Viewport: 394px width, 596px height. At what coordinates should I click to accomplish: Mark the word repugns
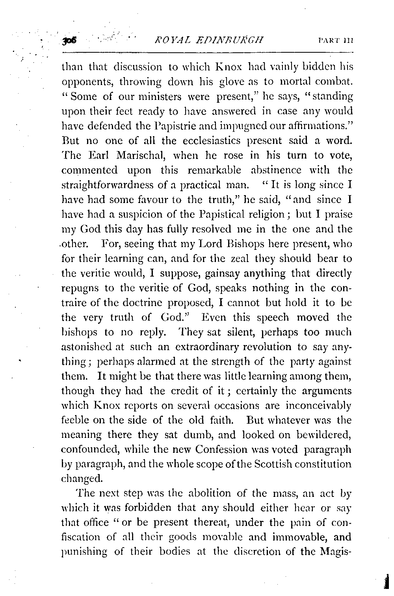click(80, 288)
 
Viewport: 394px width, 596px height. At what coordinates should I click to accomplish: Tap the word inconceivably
click(320, 406)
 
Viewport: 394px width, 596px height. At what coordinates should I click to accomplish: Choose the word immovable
click(299, 537)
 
